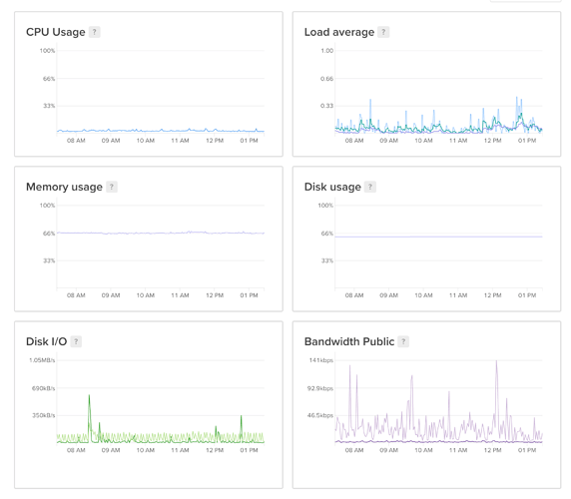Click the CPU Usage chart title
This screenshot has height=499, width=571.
click(x=55, y=32)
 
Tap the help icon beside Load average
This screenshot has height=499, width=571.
click(x=383, y=32)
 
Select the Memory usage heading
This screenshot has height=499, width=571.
click(x=64, y=187)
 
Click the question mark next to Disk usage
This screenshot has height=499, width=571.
click(x=370, y=187)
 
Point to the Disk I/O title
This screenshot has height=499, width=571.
click(x=46, y=341)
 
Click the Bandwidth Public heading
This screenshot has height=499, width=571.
click(x=349, y=341)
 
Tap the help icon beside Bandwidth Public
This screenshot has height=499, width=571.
click(x=403, y=341)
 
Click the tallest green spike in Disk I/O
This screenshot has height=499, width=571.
click(x=89, y=395)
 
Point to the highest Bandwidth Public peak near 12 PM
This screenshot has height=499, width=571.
click(x=496, y=361)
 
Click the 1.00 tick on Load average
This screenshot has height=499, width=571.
click(x=327, y=51)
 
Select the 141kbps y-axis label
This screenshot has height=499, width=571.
click(x=320, y=360)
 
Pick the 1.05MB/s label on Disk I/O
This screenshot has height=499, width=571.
click(x=42, y=360)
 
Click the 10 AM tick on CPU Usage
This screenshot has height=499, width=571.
click(x=146, y=141)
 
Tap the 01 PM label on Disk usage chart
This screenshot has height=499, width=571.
click(x=527, y=295)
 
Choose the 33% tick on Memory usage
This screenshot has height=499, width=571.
click(x=49, y=260)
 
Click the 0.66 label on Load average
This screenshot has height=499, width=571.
click(x=326, y=79)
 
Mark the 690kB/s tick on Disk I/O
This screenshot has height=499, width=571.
click(x=43, y=388)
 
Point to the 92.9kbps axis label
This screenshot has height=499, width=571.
click(x=320, y=388)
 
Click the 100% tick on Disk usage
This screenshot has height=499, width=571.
click(x=325, y=206)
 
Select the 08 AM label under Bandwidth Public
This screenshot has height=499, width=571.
click(x=354, y=450)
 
